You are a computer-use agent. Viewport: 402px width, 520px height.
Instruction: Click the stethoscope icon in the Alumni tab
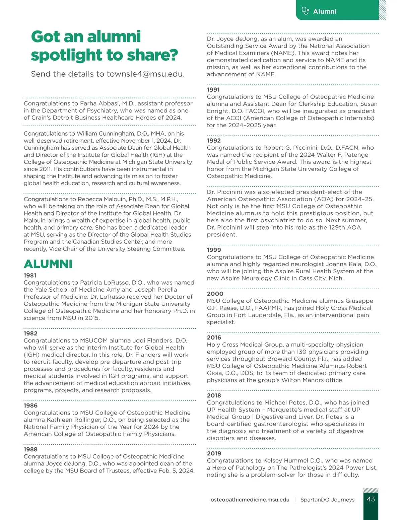305,11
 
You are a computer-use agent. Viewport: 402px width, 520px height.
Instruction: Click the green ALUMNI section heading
48,264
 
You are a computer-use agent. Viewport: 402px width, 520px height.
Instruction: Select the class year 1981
30,275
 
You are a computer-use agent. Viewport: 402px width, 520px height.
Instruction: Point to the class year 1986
30,405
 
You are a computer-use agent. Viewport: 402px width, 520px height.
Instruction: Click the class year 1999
214,250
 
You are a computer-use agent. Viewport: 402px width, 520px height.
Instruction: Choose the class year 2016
214,338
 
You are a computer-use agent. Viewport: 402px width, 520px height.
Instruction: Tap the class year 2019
214,453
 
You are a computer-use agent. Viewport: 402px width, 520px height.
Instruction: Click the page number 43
371,499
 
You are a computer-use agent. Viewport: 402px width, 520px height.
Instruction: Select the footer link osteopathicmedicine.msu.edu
250,500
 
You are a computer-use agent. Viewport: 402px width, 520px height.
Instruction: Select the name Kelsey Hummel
286,461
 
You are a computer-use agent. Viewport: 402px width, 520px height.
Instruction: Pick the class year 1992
214,140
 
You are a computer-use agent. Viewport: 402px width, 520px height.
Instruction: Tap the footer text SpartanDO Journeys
327,500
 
